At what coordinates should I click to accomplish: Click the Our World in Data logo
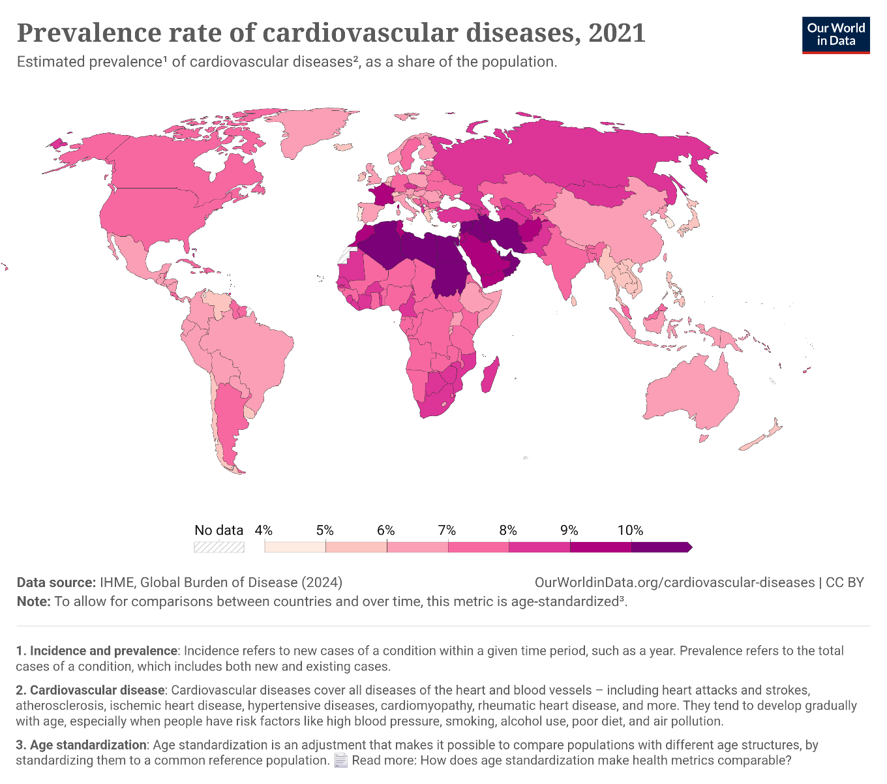click(835, 34)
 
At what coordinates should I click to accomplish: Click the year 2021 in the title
click(616, 33)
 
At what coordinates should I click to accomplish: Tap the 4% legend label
click(263, 530)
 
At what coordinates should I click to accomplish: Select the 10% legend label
click(630, 530)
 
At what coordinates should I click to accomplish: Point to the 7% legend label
click(447, 530)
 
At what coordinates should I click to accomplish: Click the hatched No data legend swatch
click(219, 547)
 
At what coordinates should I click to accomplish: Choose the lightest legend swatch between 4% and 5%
click(295, 547)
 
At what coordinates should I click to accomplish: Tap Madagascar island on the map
click(490, 375)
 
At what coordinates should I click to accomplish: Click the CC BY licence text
click(845, 582)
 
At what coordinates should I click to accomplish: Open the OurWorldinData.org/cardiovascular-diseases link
click(674, 582)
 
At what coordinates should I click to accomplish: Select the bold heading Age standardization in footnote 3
click(88, 745)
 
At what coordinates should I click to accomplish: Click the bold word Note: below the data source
click(33, 601)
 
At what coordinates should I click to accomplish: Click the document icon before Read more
click(340, 761)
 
